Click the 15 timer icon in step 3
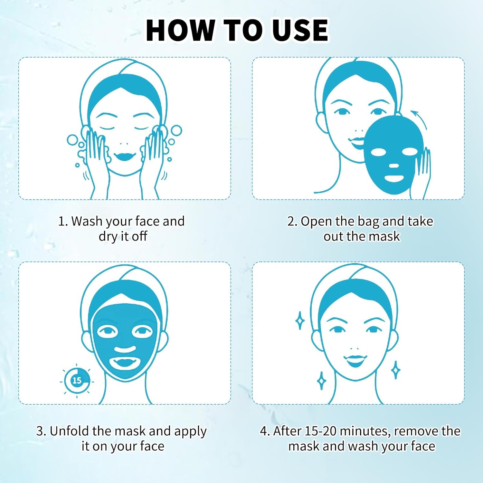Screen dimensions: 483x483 pos(77,381)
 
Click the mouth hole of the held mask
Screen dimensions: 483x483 pos(394,178)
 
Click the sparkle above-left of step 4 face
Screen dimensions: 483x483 pos(300,320)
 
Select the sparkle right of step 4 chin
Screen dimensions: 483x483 pos(396,370)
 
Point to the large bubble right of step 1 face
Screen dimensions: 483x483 pos(176,131)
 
